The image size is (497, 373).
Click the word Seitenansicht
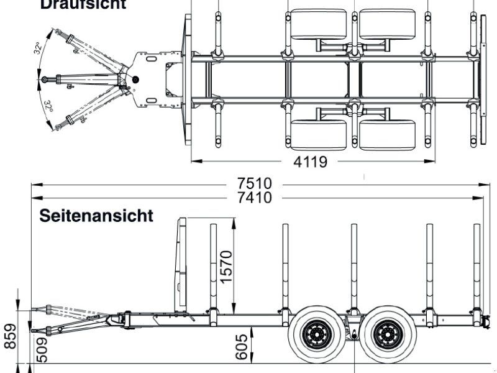pos(96,216)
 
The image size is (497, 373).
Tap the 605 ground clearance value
pos(242,346)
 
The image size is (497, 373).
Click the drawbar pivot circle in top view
pos(136,78)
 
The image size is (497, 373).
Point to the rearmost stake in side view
pos(476,267)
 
